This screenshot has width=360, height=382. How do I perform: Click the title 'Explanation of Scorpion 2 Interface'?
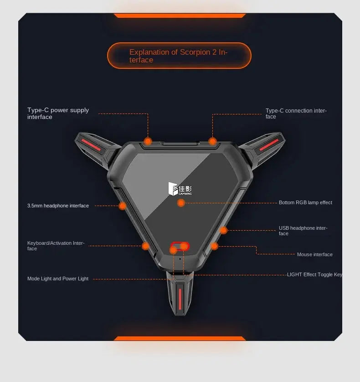(178, 56)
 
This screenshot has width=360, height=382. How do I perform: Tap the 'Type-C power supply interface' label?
(58, 114)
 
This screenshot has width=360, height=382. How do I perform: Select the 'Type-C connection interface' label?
(296, 114)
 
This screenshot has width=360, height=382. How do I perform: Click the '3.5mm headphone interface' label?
(58, 206)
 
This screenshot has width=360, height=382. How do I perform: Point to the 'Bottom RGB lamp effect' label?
(305, 202)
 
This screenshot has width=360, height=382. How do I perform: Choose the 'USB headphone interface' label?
(303, 231)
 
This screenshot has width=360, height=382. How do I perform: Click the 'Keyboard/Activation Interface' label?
(56, 246)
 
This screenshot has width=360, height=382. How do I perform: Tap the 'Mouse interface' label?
(315, 254)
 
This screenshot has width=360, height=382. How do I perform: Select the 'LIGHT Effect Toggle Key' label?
(314, 274)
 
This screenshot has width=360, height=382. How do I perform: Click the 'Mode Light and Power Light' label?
(58, 279)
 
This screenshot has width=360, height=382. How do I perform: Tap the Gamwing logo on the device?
(180, 189)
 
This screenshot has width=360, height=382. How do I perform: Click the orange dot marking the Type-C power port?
(148, 141)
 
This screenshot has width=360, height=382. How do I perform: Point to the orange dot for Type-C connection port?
(213, 141)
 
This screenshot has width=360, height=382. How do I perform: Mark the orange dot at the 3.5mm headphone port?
(123, 206)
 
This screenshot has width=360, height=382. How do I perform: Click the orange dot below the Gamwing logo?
(181, 203)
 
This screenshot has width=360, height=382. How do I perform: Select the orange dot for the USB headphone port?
(223, 230)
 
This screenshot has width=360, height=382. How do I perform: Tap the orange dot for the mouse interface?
(214, 246)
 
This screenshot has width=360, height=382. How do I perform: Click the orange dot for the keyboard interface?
(145, 246)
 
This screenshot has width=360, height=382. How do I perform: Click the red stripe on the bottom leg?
(180, 299)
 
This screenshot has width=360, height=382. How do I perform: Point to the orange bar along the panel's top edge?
(180, 15)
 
